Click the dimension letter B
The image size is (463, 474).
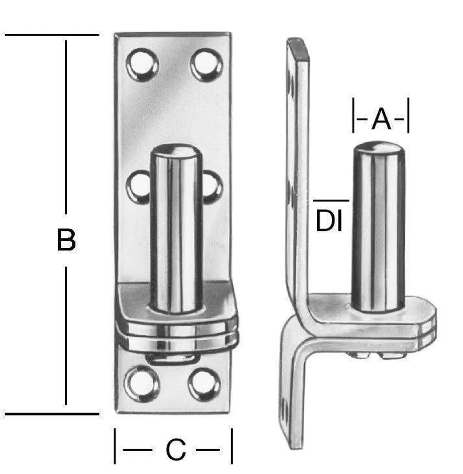tap(66, 240)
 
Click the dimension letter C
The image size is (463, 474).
tap(176, 451)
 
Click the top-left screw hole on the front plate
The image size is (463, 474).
tap(142, 65)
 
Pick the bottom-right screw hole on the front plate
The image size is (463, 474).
tap(204, 384)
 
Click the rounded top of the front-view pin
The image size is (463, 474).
tap(175, 153)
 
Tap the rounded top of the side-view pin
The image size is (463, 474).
tap(379, 149)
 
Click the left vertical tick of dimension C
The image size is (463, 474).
tap(115, 446)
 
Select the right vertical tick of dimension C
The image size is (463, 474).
tap(231, 446)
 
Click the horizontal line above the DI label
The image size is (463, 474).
tap(331, 201)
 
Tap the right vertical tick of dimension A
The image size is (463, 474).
tap(408, 115)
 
